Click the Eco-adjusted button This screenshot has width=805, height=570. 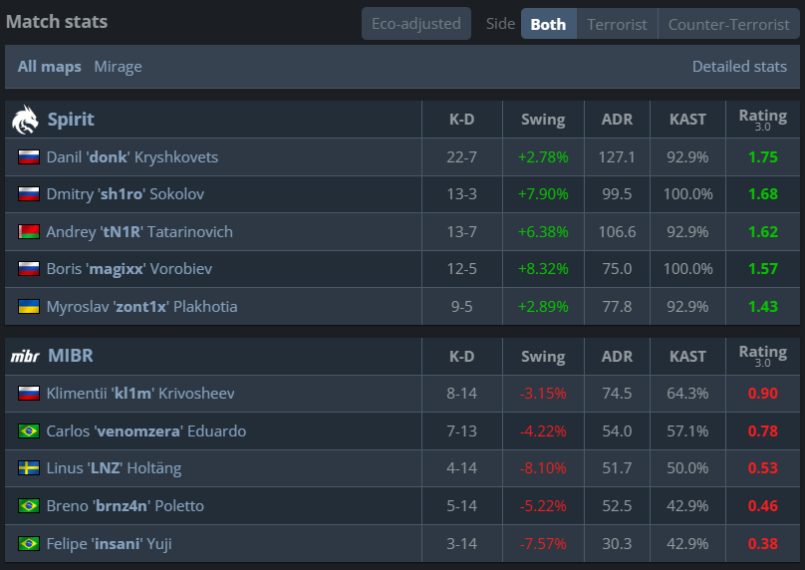tap(415, 24)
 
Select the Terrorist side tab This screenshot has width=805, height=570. tap(617, 24)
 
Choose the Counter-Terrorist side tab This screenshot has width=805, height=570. tap(728, 24)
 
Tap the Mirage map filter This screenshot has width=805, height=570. tap(118, 67)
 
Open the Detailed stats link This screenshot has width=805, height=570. tap(739, 67)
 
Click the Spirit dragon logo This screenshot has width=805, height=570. tap(25, 120)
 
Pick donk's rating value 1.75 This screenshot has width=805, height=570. tap(763, 157)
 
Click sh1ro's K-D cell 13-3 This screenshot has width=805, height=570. tap(461, 194)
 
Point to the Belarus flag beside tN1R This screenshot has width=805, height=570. tap(29, 231)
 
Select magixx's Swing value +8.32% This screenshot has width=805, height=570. tap(543, 269)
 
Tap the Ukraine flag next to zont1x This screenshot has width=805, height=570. tap(29, 307)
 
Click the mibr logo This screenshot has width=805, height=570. tap(25, 356)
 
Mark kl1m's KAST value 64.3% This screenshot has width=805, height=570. tap(687, 394)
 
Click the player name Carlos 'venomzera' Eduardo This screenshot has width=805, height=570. tap(146, 430)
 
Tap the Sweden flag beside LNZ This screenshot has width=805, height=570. tap(29, 468)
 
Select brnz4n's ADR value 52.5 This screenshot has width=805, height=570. tap(617, 506)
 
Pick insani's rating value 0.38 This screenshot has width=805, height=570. tap(763, 544)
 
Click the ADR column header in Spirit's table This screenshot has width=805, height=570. tap(617, 120)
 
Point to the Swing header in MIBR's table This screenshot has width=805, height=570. tap(543, 357)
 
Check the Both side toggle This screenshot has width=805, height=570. tap(548, 24)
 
